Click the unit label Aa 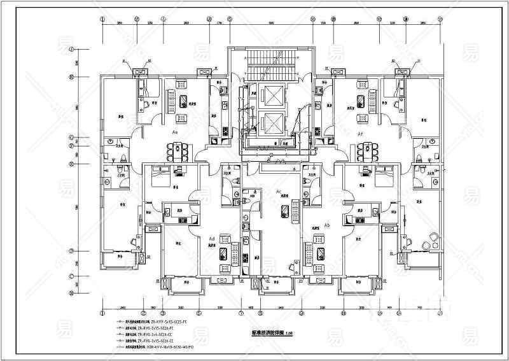[174, 132]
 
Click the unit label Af [360, 134]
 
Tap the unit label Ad [211, 238]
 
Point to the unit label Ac [279, 192]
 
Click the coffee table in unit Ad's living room [225, 253]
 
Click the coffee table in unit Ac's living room [294, 210]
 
